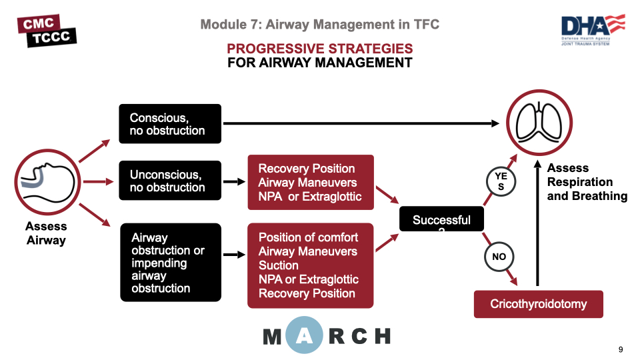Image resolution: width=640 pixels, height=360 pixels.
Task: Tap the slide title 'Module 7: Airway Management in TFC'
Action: point(319,25)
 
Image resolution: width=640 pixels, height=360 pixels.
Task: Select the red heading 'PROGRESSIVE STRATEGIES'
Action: point(319,49)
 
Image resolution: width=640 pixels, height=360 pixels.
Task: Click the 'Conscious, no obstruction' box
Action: point(170,123)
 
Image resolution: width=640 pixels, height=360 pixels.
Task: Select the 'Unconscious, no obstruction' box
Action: point(170,181)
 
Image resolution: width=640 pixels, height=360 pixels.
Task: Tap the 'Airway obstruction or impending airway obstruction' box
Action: point(170,263)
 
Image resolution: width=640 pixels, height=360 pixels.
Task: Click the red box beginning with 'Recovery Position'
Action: point(310,183)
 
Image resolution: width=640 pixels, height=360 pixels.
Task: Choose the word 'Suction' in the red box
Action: point(279,265)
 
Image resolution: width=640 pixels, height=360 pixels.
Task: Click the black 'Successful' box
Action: point(441,220)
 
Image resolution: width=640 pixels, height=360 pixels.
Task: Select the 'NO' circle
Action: point(499,257)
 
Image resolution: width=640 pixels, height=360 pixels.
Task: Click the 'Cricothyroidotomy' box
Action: point(538,304)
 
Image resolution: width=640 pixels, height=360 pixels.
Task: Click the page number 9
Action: point(621,350)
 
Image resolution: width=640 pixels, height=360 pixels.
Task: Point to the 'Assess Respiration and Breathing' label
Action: point(587,182)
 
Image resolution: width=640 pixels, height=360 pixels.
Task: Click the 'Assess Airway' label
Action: point(46,233)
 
